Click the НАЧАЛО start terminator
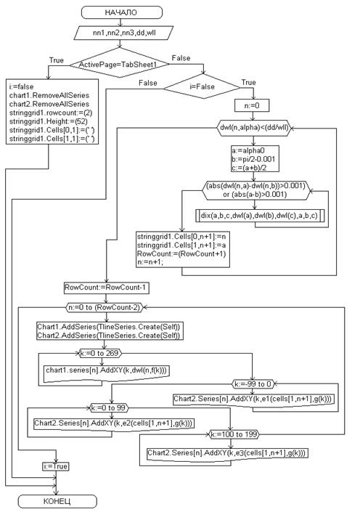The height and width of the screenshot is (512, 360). coord(121,12)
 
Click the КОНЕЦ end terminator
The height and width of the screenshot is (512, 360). coord(57,501)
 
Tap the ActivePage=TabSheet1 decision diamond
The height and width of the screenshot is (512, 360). coord(119,64)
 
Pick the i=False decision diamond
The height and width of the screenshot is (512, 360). coord(202,87)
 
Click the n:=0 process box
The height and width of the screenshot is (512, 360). coord(252,105)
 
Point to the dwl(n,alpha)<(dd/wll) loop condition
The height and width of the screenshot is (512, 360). coord(254,128)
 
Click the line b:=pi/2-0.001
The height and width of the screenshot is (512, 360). coord(249,159)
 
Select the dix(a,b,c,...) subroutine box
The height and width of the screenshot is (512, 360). coord(260,216)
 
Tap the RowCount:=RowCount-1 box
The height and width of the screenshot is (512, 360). coord(107,288)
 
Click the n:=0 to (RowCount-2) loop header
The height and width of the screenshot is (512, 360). coord(105,308)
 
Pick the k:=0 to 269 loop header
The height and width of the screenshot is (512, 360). coord(99,353)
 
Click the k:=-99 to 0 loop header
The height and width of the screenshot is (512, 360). coord(253,384)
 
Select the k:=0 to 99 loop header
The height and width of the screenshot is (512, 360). coord(109,408)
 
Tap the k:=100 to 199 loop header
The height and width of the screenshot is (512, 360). coord(234,434)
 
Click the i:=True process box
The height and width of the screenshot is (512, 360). coord(56,466)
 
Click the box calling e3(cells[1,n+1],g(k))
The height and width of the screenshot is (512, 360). coord(227,454)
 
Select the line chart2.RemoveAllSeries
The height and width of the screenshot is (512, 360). coord(49,104)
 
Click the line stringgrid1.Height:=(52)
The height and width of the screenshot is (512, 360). coord(49,121)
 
